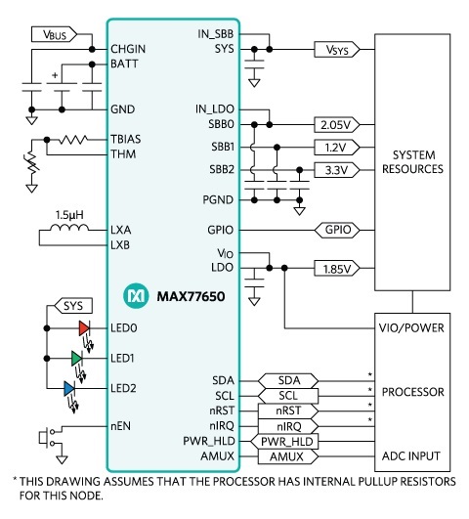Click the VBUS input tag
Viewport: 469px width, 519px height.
pyautogui.click(x=54, y=34)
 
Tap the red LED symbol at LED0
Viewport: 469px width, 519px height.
pyautogui.click(x=84, y=328)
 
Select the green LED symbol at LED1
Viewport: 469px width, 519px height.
pyautogui.click(x=77, y=358)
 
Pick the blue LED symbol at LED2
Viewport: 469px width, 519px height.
pyautogui.click(x=69, y=388)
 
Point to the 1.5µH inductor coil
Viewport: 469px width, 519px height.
pyautogui.click(x=69, y=227)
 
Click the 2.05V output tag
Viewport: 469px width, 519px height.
pyautogui.click(x=337, y=125)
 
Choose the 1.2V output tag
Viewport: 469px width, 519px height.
pyautogui.click(x=337, y=148)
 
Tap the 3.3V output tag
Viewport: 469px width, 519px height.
pyautogui.click(x=337, y=170)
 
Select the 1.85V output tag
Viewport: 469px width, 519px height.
pyautogui.click(x=337, y=268)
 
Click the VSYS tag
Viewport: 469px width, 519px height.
pyautogui.click(x=337, y=50)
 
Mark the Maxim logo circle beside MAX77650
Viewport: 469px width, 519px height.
pyautogui.click(x=136, y=295)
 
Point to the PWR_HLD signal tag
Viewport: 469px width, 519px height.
pyautogui.click(x=284, y=441)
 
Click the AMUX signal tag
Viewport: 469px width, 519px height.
pyautogui.click(x=288, y=456)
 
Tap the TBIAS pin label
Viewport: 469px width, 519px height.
pyautogui.click(x=125, y=139)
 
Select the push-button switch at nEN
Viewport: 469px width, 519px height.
pyautogui.click(x=47, y=437)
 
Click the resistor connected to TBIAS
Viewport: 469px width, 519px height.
pyautogui.click(x=73, y=140)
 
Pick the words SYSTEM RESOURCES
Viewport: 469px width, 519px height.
pyautogui.click(x=412, y=162)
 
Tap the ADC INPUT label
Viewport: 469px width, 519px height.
pyautogui.click(x=411, y=456)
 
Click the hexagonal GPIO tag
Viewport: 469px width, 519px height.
pyautogui.click(x=337, y=230)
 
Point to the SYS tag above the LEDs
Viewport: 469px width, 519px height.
pyautogui.click(x=73, y=306)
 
